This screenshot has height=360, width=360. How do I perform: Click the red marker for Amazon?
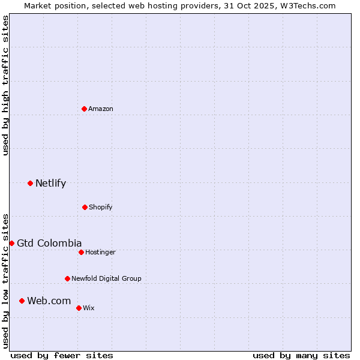coord(85,109)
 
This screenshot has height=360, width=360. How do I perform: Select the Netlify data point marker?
coord(30,183)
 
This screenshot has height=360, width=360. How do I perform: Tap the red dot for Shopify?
coord(85,207)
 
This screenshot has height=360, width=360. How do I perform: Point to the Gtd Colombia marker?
coord(11,243)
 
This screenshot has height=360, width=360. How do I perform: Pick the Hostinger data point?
coord(81,252)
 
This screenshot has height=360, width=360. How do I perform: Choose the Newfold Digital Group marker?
coord(67,278)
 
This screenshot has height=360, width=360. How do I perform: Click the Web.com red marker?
coord(22,301)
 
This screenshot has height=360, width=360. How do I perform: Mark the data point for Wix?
coord(79,308)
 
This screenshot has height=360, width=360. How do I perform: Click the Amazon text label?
coord(101,109)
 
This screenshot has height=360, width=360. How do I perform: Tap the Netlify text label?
coord(50,183)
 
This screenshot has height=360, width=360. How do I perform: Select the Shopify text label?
coord(101,207)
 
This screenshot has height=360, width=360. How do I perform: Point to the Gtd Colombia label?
coord(49,243)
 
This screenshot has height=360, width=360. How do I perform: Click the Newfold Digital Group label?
coord(106,278)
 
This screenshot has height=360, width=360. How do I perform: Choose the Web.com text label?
coord(49,301)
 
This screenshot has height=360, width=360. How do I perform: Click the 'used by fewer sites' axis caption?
coord(62,355)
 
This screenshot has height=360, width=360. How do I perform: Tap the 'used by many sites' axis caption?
coord(301,355)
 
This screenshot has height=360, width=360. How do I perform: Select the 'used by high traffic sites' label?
coord(5,85)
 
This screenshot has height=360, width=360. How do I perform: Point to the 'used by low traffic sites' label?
coord(5,280)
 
